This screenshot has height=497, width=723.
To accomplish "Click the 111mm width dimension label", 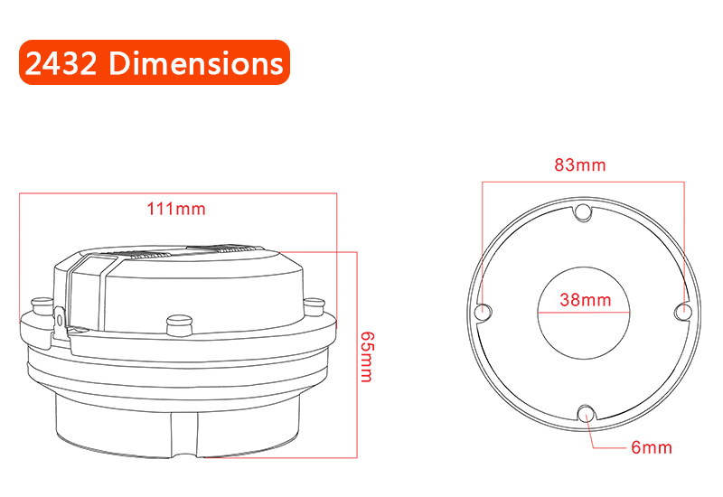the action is click(x=176, y=209).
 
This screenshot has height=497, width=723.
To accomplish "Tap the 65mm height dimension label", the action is click(x=367, y=357).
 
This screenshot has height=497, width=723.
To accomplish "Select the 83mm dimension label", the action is click(x=580, y=165).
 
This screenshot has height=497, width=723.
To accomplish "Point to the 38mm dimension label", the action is click(x=586, y=300).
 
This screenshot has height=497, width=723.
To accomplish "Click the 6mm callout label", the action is click(x=652, y=447).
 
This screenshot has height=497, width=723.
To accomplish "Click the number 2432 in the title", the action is click(x=61, y=63).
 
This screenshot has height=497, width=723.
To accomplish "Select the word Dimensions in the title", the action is click(x=196, y=62).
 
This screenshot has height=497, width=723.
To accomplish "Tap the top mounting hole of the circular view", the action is click(x=583, y=211).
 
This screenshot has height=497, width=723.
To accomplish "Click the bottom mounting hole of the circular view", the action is click(x=586, y=413).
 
